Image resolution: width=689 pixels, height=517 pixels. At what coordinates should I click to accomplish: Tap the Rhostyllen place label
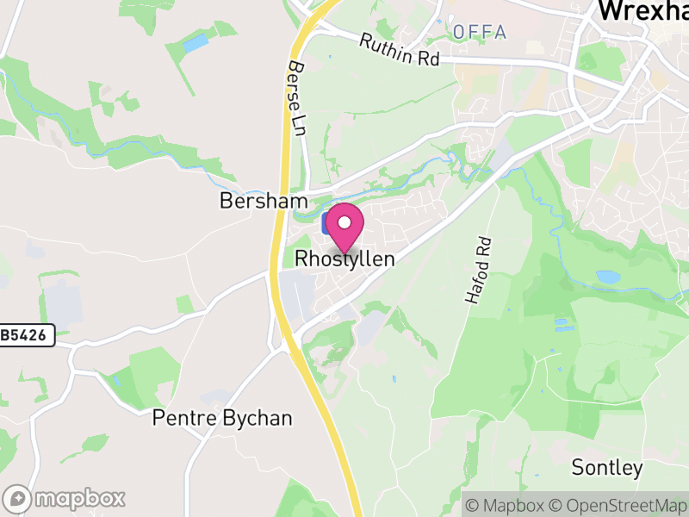(x=344, y=258)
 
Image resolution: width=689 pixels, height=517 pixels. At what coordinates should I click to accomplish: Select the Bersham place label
(x=264, y=201)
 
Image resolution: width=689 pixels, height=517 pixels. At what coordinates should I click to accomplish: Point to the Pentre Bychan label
(x=222, y=418)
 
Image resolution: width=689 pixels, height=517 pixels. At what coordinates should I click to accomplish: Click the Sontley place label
(x=607, y=468)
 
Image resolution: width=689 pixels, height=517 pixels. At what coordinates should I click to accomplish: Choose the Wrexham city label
(x=642, y=10)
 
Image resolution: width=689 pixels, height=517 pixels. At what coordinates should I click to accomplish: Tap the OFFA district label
(x=480, y=32)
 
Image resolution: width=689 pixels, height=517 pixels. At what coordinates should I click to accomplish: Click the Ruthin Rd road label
(x=400, y=50)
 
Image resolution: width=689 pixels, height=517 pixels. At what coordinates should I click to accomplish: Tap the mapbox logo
(x=65, y=498)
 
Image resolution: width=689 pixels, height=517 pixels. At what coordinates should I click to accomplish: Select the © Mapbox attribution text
(x=508, y=505)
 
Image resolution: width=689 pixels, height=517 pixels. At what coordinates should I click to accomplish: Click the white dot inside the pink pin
(x=344, y=222)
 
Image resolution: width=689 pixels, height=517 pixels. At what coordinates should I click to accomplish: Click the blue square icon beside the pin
(x=326, y=224)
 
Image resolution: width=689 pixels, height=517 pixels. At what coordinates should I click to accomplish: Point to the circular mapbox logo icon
(x=18, y=498)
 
